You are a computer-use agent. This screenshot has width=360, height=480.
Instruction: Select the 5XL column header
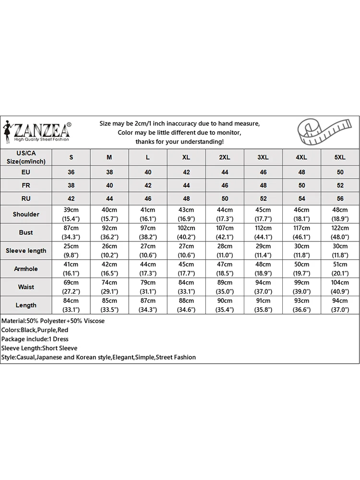pos(340,157)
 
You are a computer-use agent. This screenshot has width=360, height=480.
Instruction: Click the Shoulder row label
pos(26,214)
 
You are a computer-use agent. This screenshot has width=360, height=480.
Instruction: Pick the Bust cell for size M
pos(109,232)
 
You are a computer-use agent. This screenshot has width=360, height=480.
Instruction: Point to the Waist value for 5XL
pos(340,287)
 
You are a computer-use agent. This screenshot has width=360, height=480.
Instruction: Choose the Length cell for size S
pos(72,305)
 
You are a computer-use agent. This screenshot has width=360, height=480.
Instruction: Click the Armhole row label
pos(26,269)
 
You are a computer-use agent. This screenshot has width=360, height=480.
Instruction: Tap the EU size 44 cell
pos(225,172)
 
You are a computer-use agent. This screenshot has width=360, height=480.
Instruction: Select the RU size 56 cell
pos(340,198)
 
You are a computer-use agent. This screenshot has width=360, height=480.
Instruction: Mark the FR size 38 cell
pos(72,185)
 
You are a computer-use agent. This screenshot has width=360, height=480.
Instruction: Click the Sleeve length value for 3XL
pos(263,251)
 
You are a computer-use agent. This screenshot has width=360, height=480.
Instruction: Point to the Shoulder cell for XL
pos(186,214)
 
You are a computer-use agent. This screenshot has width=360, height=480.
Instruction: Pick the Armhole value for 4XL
pos(301,269)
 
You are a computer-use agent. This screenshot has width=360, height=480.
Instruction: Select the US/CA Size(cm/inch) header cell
pos(26,157)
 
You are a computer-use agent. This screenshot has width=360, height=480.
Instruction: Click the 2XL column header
pos(225,157)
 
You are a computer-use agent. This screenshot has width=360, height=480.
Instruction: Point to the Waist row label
pos(26,287)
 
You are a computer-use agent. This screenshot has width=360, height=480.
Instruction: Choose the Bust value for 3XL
pos(263,232)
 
